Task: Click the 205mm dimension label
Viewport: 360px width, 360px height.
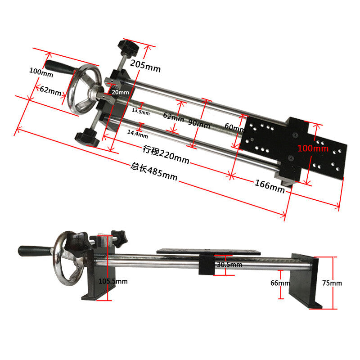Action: coord(145,66)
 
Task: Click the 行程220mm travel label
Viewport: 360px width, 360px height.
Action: coord(166,154)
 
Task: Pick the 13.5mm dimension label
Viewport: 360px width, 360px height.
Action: coord(140,109)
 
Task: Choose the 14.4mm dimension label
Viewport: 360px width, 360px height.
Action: coord(137,133)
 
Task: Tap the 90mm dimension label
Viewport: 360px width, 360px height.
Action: coord(199,122)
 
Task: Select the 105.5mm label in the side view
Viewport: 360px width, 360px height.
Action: coord(113,281)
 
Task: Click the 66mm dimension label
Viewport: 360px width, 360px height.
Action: coord(280,283)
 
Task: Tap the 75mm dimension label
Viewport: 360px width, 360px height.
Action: coord(332,283)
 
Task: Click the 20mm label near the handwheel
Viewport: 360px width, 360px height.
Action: coord(120,92)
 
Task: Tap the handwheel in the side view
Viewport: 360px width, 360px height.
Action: coord(66,259)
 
